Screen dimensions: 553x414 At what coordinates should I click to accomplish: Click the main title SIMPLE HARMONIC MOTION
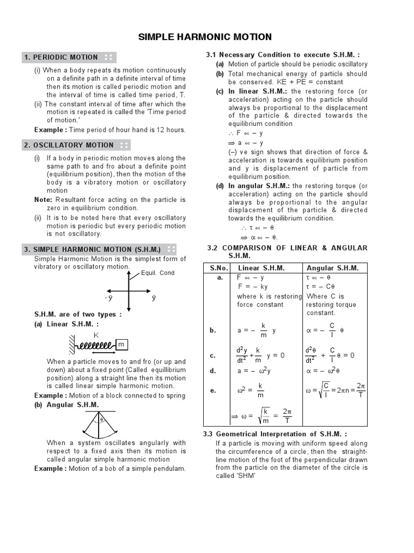coord(205,37)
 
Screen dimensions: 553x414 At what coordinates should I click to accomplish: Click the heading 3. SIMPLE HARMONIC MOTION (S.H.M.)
coord(92,249)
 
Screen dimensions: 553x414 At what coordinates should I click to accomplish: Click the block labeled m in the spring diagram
coord(121,345)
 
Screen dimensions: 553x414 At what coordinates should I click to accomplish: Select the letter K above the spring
coord(97,335)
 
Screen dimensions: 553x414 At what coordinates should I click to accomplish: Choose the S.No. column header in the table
coord(216,268)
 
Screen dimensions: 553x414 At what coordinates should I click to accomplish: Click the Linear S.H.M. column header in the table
coord(261,268)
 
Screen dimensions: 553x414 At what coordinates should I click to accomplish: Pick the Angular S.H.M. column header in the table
coord(333,268)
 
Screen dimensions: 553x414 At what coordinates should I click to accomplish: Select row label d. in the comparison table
coord(212,370)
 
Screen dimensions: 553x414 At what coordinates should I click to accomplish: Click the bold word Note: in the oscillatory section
coord(43,200)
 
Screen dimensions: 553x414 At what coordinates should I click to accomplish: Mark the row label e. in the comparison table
coord(212,390)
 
